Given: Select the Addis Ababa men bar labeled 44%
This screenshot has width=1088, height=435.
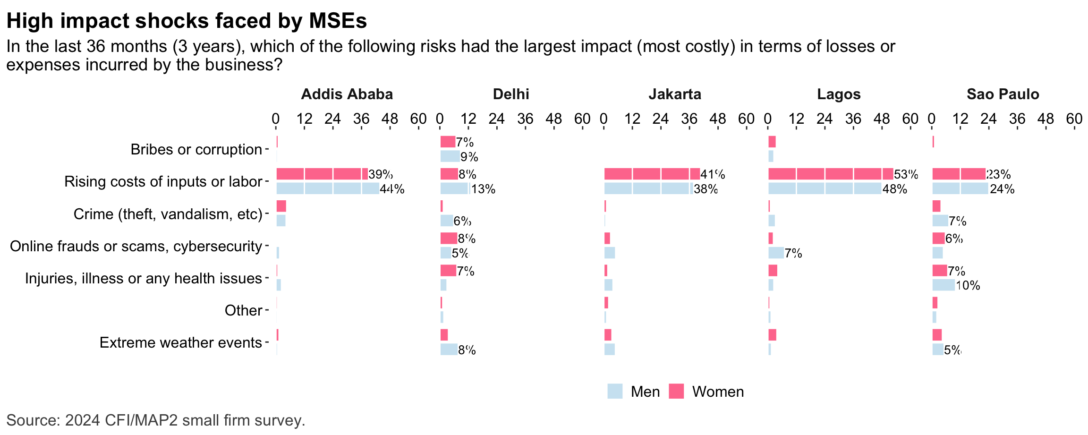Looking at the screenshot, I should [x=328, y=189].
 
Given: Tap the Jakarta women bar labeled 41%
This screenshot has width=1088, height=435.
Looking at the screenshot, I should [x=652, y=174].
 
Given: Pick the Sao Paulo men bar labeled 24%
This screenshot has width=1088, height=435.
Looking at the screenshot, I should [x=960, y=189].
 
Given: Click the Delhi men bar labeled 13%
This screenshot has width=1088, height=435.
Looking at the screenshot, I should [x=455, y=189].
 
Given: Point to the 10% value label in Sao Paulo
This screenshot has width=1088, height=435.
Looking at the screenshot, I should [x=968, y=286].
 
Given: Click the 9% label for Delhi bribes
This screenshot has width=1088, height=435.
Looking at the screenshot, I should [x=469, y=157].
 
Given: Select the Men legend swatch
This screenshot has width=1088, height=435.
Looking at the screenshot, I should [x=615, y=392].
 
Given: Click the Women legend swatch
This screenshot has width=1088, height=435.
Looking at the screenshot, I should [x=676, y=392].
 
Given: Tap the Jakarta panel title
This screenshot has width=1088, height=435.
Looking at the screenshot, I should [x=675, y=94].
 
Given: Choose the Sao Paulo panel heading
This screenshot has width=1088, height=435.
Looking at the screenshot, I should [x=1003, y=94].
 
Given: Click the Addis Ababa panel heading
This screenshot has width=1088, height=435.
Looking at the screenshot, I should [x=347, y=94].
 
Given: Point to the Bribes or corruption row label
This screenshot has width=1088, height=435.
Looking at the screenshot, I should [x=196, y=150].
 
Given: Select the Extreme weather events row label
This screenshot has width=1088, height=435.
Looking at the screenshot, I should [x=180, y=343].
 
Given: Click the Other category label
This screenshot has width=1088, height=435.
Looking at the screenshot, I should [x=243, y=311].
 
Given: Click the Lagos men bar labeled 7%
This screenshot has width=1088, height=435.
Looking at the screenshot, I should [x=776, y=253].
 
